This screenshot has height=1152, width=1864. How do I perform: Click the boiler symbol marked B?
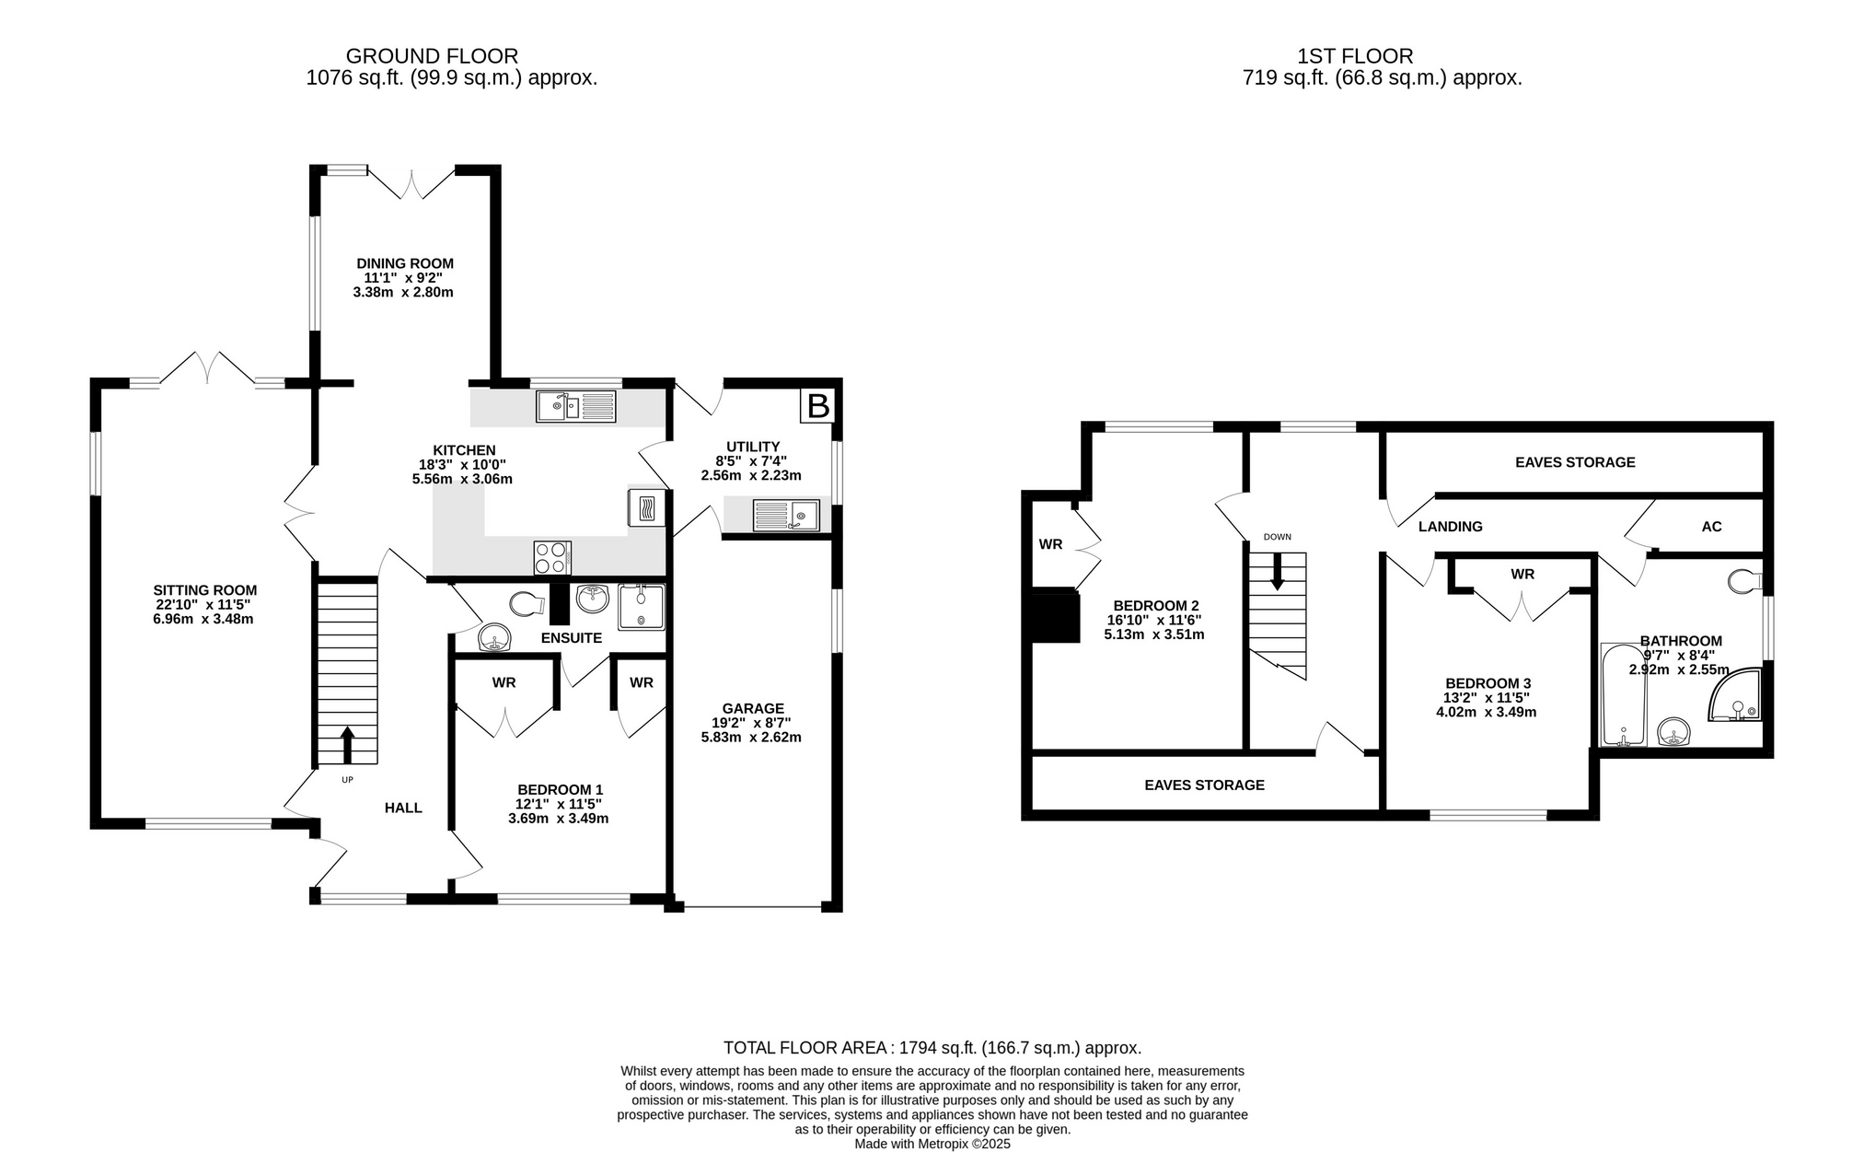pyautogui.click(x=817, y=406)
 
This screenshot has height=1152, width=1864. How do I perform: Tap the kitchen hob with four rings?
pyautogui.click(x=552, y=558)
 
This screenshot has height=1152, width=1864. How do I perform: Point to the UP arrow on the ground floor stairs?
pyautogui.click(x=347, y=745)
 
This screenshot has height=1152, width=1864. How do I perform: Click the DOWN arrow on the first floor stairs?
pyautogui.click(x=1277, y=571)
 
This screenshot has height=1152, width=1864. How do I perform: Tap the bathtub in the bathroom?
pyautogui.click(x=1624, y=694)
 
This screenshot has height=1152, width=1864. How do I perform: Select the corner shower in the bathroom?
pyautogui.click(x=1735, y=695)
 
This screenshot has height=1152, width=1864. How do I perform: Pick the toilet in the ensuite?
pyautogui.click(x=526, y=604)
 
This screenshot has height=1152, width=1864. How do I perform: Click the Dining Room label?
pyautogui.click(x=405, y=263)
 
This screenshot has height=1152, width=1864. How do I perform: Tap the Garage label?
pyautogui.click(x=753, y=708)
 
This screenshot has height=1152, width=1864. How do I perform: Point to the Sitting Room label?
pyautogui.click(x=205, y=590)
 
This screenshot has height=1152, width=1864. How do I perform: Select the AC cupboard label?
pyautogui.click(x=1711, y=527)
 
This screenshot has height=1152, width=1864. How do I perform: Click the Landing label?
pyautogui.click(x=1451, y=527)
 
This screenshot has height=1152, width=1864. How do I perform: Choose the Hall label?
pyautogui.click(x=403, y=808)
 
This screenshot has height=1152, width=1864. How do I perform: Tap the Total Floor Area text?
pyautogui.click(x=932, y=1047)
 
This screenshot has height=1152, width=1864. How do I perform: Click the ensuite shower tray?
pyautogui.click(x=641, y=607)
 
